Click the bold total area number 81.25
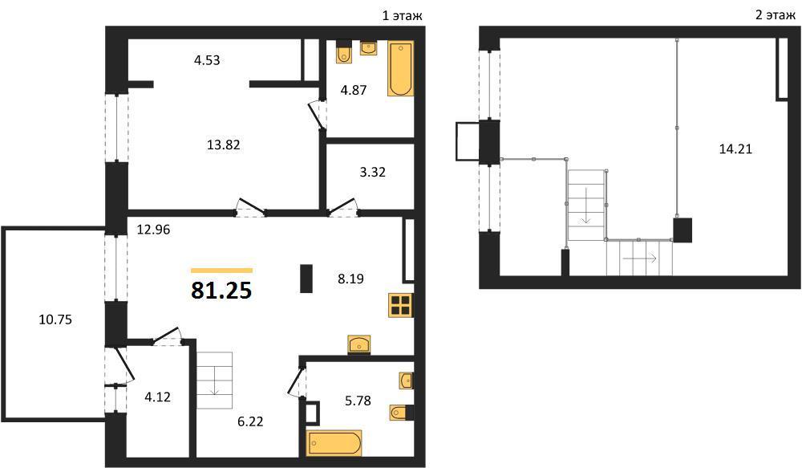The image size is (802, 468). pos(221,291)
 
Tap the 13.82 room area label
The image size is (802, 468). pos(224,145)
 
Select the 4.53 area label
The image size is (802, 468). pos(207,60)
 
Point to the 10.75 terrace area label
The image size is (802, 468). pos(55,319)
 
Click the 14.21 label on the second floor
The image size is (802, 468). pos(735,149)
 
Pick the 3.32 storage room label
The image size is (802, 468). pos(372,172)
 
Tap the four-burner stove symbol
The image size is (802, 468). pos(401,305)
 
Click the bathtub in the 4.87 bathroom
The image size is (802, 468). pos(400,68)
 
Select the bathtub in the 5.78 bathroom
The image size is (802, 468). pos(334,443)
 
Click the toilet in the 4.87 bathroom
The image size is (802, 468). pos(344,52)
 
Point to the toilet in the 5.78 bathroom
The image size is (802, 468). pos(401,412)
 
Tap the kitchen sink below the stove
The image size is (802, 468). pos(359,344)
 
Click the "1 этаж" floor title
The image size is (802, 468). pos(403,15)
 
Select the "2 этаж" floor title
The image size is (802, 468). pos(776,14)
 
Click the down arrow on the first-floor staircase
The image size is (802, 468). pos(214,381)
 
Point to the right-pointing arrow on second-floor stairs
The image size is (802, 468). pos(640,258)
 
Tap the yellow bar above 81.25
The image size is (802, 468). pos(221,271)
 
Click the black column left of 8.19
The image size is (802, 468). pos(306,279)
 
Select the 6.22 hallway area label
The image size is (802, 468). pos(250,421)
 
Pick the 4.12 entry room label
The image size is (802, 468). pos(157,397)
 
